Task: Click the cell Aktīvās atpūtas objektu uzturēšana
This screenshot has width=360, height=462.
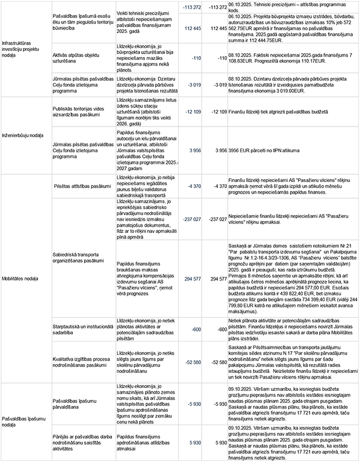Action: [x=76, y=58]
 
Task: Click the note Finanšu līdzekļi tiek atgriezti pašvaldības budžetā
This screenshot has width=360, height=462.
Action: [x=278, y=111]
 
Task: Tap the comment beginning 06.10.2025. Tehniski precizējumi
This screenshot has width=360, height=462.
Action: [x=286, y=6]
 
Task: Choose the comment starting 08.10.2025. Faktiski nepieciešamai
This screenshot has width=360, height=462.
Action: [x=289, y=58]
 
